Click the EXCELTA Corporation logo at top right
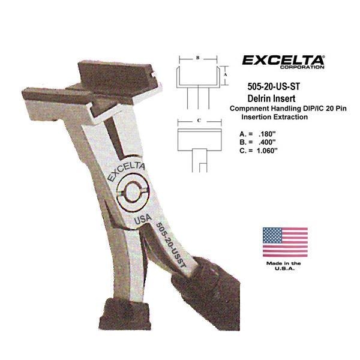[x=283, y=62]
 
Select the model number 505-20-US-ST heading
[x=274, y=86]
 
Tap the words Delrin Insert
[x=271, y=98]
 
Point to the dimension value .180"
[x=267, y=134]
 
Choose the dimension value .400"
[x=267, y=142]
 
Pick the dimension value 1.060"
[x=267, y=151]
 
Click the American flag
[x=285, y=242]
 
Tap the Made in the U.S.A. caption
[x=284, y=266]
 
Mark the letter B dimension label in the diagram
[x=197, y=58]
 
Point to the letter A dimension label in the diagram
[x=226, y=74]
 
